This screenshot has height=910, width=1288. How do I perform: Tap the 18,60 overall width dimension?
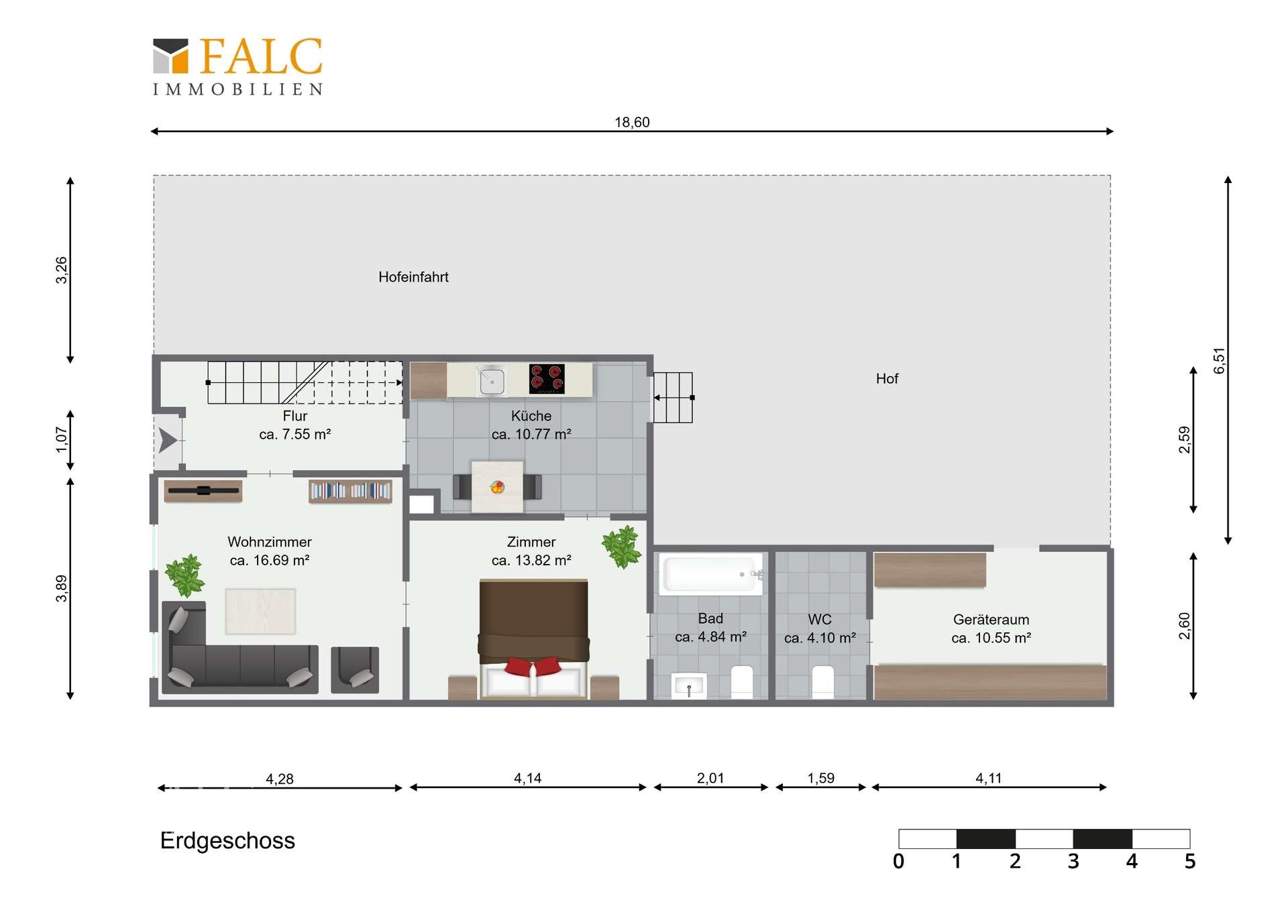pyautogui.click(x=632, y=122)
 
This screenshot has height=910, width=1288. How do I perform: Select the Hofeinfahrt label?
pyautogui.click(x=413, y=277)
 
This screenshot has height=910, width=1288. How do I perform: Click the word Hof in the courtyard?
pyautogui.click(x=887, y=379)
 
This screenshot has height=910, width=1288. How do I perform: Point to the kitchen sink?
pyautogui.click(x=492, y=381)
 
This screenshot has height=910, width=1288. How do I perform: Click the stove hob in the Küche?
pyautogui.click(x=547, y=379)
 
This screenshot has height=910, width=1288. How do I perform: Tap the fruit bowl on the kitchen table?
pyautogui.click(x=497, y=488)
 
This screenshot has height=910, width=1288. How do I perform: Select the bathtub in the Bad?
pyautogui.click(x=711, y=574)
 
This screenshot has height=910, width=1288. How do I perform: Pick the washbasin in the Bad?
pyautogui.click(x=689, y=686)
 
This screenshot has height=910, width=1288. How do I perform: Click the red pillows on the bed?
pyautogui.click(x=533, y=666)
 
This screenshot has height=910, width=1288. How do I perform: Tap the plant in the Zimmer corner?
pyautogui.click(x=622, y=547)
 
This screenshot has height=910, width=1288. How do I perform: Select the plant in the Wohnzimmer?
pyautogui.click(x=184, y=575)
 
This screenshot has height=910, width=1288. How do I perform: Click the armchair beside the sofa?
pyautogui.click(x=355, y=669)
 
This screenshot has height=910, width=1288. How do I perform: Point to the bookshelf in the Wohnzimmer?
pyautogui.click(x=350, y=491)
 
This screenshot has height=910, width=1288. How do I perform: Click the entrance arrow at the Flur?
pyautogui.click(x=168, y=441)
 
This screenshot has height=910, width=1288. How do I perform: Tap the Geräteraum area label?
pyautogui.click(x=991, y=629)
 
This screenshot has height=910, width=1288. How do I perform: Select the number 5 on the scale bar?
pyautogui.click(x=1190, y=862)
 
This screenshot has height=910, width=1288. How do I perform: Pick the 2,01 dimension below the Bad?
pyautogui.click(x=710, y=778)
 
